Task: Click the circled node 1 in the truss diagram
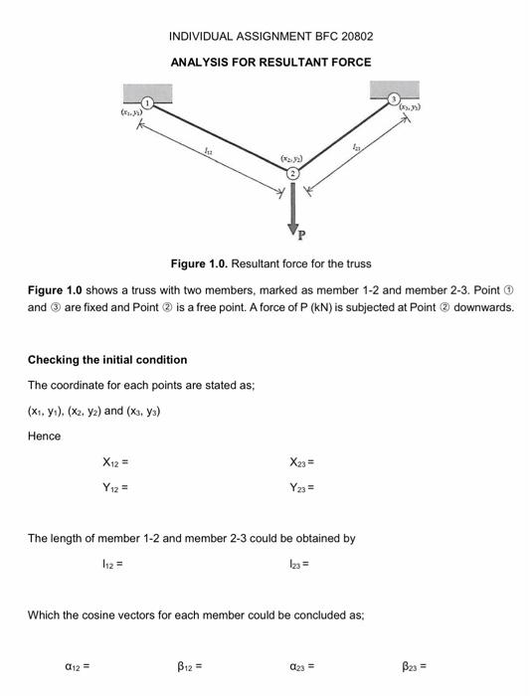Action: [x=148, y=102]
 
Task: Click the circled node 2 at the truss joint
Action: [x=292, y=173]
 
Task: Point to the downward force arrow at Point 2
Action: [x=292, y=206]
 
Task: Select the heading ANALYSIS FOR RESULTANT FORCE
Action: [x=271, y=63]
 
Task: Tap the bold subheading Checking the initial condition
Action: [x=106, y=359]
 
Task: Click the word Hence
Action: [x=44, y=435]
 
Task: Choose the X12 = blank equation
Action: [x=115, y=462]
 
